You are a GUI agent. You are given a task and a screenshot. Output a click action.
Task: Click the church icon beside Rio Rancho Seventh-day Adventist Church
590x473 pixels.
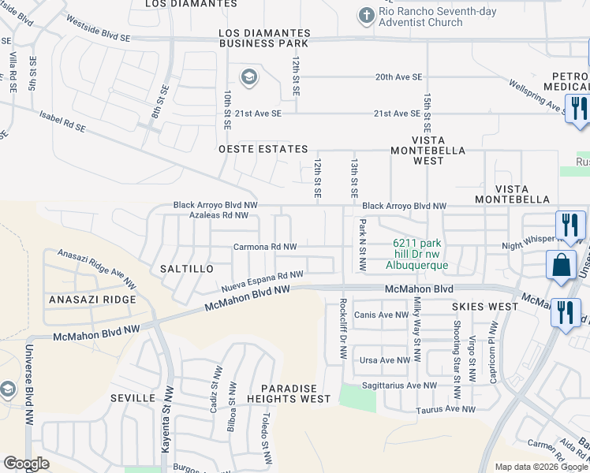(x=365, y=15)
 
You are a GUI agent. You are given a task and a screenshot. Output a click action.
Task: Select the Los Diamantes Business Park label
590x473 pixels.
(x=264, y=38)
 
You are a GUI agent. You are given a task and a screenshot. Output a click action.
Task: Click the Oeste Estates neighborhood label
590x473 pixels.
(x=263, y=149)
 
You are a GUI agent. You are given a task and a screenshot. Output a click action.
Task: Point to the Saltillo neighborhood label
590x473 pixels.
(x=187, y=269)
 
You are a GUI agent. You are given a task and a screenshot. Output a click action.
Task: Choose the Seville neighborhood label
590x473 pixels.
(x=133, y=398)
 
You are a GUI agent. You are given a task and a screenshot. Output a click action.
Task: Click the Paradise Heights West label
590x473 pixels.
(x=295, y=394)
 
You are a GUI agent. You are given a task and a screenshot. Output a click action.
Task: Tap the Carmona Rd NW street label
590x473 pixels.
(x=265, y=247)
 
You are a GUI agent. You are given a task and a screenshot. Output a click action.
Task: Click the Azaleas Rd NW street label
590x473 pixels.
(x=212, y=215)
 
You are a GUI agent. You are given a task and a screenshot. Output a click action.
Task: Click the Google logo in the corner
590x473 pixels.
(x=26, y=464)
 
